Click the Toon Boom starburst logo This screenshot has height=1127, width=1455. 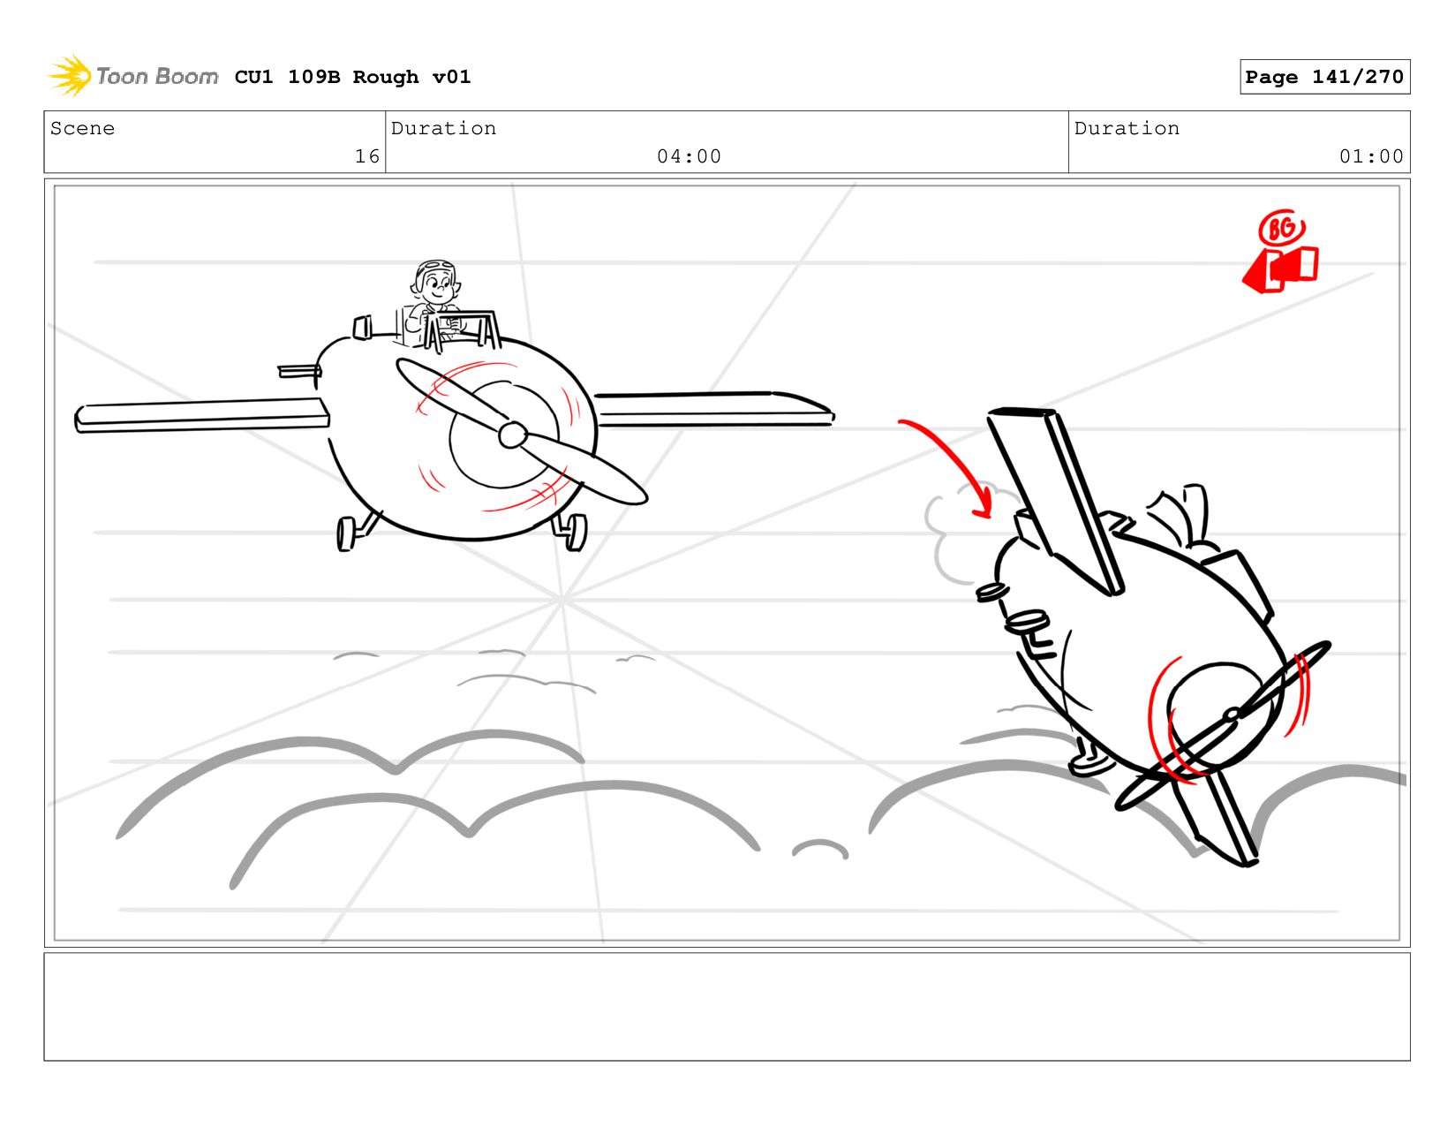point(70,76)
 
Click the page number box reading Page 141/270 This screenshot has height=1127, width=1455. point(1323,77)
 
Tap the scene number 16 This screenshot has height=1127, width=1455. point(367,156)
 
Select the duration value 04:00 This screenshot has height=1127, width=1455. point(689,156)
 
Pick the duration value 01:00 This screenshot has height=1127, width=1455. point(1370,156)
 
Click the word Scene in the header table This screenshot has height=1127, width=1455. point(82,129)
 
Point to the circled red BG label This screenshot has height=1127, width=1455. point(1282,229)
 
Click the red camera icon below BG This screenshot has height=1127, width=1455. point(1280,269)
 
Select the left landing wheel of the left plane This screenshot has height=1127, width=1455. point(345,534)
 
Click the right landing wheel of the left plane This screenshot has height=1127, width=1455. point(574,533)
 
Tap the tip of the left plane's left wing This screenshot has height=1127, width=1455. point(79,420)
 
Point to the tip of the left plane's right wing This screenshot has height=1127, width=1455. point(832,416)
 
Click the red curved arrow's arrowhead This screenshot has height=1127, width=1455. point(984,504)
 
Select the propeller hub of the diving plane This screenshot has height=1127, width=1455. point(1232,715)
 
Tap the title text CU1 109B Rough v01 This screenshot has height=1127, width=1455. point(352,77)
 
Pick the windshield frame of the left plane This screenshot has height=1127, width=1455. point(462,330)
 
